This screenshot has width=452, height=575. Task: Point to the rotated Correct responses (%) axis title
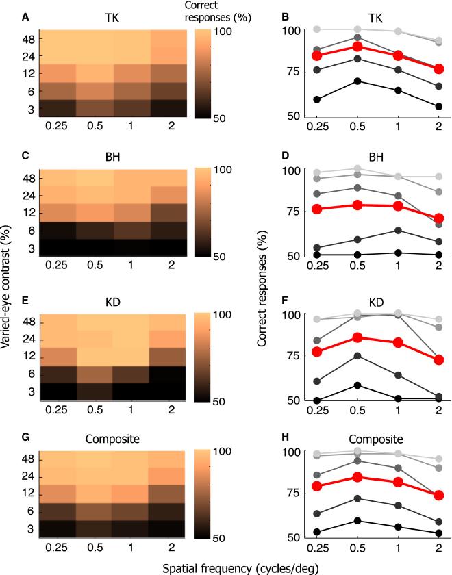[264, 285]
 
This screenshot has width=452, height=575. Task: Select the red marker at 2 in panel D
[439, 218]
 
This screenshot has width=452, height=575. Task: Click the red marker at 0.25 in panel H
[316, 486]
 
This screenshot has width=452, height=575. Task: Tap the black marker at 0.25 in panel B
[316, 99]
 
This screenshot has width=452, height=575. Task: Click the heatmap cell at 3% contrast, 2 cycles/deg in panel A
[168, 108]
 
